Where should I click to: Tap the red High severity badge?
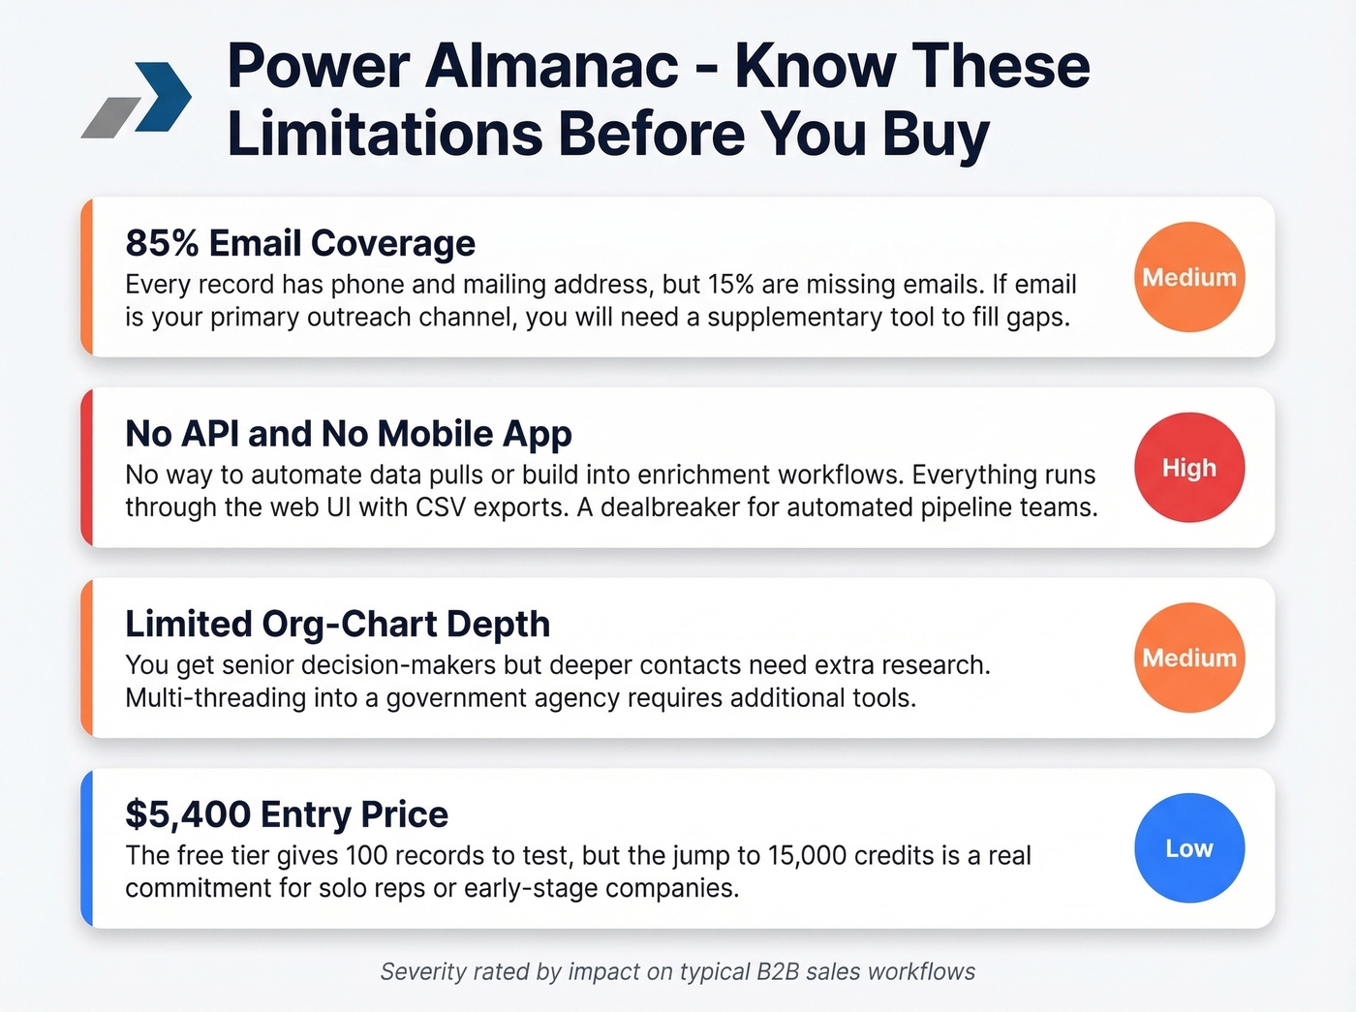[x=1188, y=468]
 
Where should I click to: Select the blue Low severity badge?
[x=1188, y=848]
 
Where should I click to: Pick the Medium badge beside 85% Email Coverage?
[x=1188, y=278]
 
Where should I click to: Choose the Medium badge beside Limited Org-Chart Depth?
[x=1188, y=659]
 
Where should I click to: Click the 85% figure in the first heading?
[x=161, y=243]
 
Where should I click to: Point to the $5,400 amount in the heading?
[x=188, y=814]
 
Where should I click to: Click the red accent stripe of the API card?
[x=87, y=468]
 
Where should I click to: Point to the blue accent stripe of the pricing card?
[x=87, y=848]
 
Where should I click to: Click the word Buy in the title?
[x=935, y=134]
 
